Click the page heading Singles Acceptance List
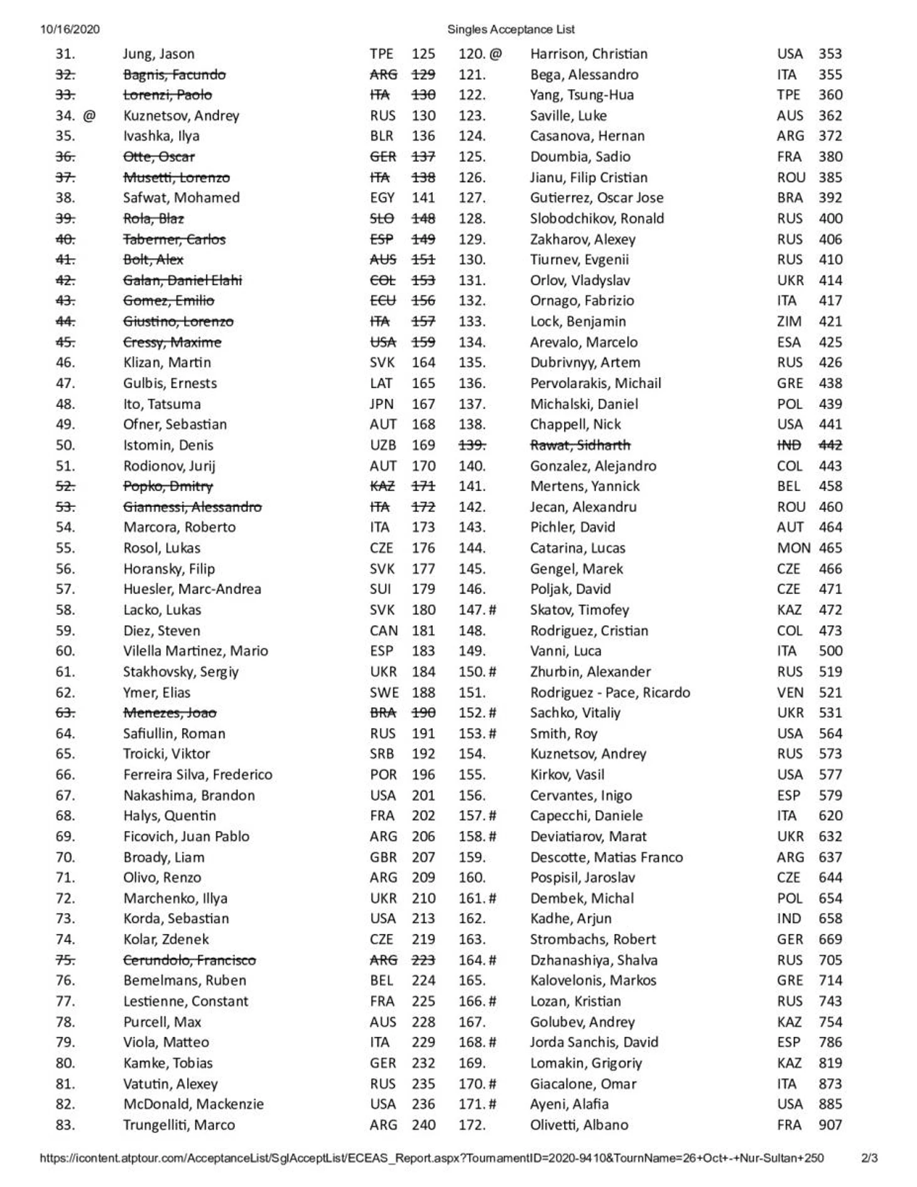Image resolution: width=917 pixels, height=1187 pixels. point(511,30)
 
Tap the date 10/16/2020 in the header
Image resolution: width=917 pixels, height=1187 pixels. point(70,30)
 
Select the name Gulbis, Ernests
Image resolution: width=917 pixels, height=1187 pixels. point(170,383)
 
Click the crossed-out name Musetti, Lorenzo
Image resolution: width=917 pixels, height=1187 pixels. point(176,178)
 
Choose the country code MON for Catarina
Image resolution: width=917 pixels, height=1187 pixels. point(793,548)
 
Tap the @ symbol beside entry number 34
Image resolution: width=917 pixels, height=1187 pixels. point(89,116)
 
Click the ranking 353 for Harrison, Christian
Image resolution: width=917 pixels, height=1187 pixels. point(830,54)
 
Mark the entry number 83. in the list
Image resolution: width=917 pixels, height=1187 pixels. point(65,1125)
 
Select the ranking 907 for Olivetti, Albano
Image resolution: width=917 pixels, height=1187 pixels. point(830,1125)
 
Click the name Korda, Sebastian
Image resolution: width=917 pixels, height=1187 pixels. point(176,918)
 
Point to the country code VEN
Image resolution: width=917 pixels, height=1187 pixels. point(789,692)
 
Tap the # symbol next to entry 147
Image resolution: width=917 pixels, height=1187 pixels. point(492,610)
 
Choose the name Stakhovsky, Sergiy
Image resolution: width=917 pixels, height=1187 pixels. point(181,671)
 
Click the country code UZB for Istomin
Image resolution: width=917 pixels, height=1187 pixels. point(383,445)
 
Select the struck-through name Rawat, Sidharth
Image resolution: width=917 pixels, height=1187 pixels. point(580,445)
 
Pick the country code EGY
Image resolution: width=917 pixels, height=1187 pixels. point(382,198)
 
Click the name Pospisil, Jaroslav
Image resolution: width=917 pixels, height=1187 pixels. point(582,877)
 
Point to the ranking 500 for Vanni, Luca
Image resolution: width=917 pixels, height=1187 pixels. point(830,651)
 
